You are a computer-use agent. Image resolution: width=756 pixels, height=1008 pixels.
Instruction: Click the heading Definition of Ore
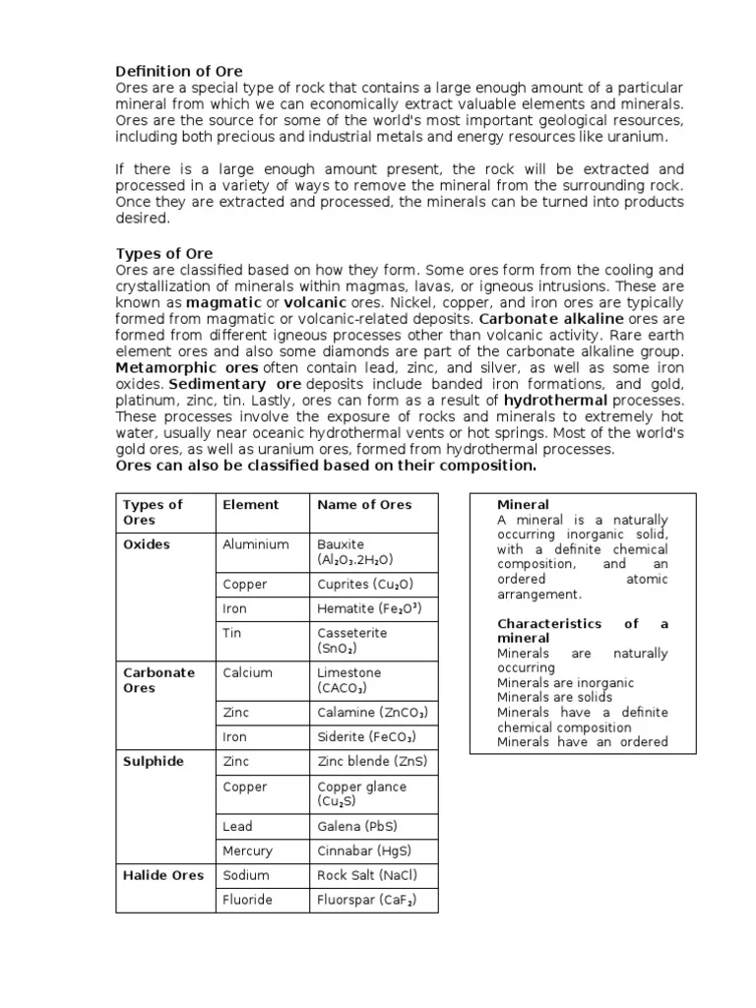[179, 71]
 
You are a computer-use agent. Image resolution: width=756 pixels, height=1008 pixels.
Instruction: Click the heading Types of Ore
[164, 253]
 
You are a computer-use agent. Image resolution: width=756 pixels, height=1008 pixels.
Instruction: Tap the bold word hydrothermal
[556, 401]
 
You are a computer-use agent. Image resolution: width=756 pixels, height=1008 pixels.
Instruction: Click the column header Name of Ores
[364, 504]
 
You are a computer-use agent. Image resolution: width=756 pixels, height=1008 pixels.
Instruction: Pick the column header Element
[251, 504]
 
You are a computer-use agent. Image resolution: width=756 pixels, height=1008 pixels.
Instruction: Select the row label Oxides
[147, 544]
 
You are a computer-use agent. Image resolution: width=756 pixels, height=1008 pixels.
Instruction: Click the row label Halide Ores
[163, 875]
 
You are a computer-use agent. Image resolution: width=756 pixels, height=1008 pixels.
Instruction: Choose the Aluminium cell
[256, 544]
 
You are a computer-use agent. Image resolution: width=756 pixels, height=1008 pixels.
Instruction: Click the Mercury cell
[248, 850]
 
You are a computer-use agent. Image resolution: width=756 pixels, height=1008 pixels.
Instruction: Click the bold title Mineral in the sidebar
[524, 505]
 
